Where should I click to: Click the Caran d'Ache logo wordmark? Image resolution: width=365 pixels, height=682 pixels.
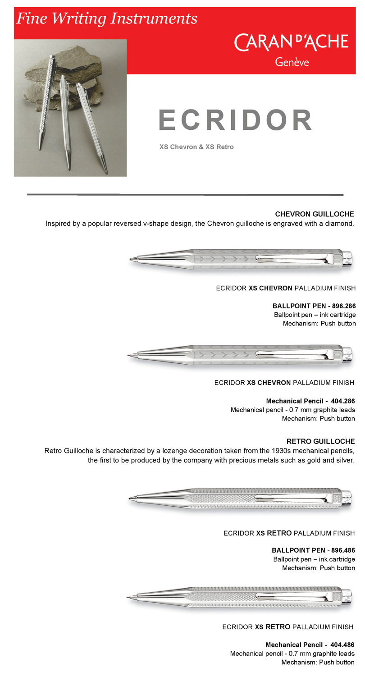coord(291,42)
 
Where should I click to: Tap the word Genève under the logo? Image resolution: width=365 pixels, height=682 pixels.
coord(292,62)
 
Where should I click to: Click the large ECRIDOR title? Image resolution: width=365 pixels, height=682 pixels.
coord(235,120)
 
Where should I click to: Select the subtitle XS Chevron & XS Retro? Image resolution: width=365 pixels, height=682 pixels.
coord(196,147)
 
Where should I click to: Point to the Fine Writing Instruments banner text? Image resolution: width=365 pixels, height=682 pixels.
coord(107,18)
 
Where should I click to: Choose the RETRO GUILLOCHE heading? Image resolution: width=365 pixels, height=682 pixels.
coord(320,441)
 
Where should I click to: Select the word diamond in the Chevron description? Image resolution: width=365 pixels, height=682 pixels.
coord(338,224)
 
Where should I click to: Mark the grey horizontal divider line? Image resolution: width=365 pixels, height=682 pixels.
coord(185,195)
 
